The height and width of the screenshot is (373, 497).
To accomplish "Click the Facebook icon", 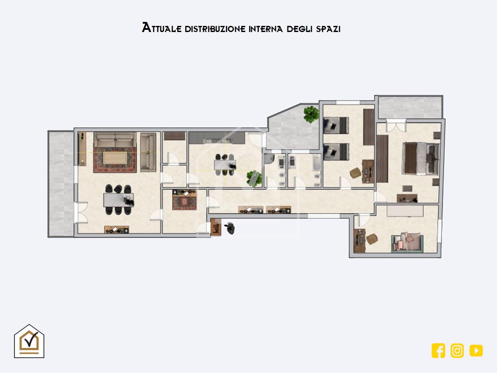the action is (x=438, y=351).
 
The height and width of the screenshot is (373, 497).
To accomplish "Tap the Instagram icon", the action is (x=457, y=351).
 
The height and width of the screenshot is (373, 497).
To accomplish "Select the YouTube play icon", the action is (x=476, y=351).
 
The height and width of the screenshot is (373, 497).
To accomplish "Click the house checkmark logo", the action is (x=29, y=341).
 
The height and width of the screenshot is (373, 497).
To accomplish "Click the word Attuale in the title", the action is (x=162, y=28).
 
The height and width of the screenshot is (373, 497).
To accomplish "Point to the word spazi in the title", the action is (x=328, y=29).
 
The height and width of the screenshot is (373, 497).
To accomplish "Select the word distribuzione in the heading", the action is (x=215, y=29).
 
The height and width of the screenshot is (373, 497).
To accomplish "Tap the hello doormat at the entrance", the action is (x=216, y=227).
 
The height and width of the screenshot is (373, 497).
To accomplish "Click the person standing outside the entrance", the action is (x=230, y=228).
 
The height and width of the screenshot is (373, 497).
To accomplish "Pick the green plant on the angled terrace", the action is (x=311, y=114).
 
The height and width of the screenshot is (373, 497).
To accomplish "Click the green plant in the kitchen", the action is (x=254, y=178).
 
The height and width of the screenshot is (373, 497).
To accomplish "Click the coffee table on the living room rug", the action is (x=115, y=158).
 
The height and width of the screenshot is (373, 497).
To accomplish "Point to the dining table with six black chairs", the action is (x=118, y=200).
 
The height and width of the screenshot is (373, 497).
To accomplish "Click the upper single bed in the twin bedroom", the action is (x=336, y=126).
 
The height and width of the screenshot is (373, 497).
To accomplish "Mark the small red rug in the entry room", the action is (x=185, y=202).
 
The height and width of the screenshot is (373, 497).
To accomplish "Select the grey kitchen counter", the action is (x=217, y=138).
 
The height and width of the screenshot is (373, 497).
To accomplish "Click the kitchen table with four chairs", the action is (x=225, y=165).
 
